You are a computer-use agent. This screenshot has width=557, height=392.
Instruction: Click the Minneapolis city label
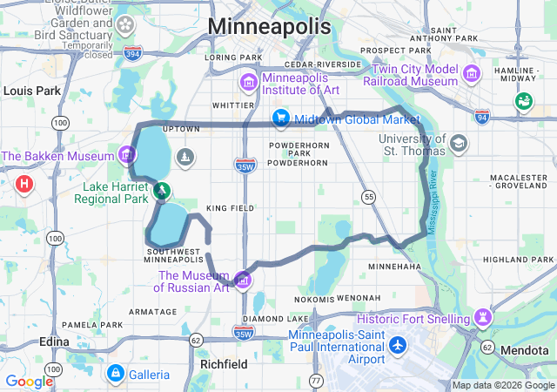[x=270, y=26]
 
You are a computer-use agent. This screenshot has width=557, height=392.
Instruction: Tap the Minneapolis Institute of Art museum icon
[x=249, y=83]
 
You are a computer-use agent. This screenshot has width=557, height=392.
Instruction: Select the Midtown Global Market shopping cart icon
[x=281, y=118]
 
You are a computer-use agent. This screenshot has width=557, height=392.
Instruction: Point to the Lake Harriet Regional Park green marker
[x=160, y=190]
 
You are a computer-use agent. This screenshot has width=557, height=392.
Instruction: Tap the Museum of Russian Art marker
[x=244, y=280]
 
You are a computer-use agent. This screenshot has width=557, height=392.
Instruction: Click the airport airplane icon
[x=398, y=345]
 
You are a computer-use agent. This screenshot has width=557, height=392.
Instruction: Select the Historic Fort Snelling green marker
[x=483, y=315]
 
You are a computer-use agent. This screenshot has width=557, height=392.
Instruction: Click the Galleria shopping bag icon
[x=115, y=374]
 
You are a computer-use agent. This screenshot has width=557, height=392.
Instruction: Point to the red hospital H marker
[x=24, y=184]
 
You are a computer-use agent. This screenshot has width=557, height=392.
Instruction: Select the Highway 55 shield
[x=370, y=198]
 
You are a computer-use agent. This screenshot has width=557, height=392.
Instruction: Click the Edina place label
[x=54, y=341]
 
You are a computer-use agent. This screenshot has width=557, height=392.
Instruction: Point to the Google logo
[x=29, y=382]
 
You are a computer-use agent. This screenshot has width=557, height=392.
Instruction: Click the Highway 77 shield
[x=316, y=382]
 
